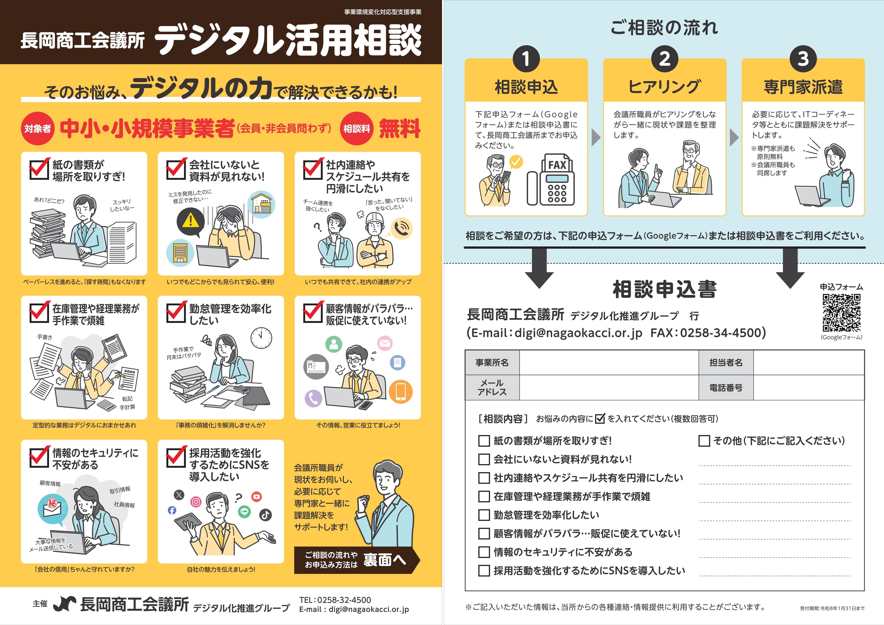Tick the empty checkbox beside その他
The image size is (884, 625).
tap(704, 441)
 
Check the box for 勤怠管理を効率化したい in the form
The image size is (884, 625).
tap(484, 515)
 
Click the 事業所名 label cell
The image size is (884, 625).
tap(492, 363)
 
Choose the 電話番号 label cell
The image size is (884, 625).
tap(726, 388)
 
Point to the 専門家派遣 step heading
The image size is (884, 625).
tap(803, 87)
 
